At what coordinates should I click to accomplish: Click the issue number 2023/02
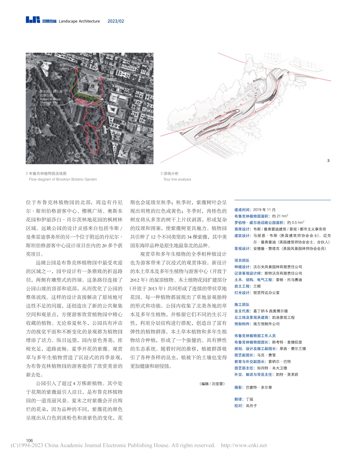(116, 21)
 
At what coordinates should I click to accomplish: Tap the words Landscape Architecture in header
(79, 21)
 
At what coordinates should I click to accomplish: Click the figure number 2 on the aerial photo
(150, 161)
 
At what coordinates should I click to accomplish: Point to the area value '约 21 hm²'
(280, 215)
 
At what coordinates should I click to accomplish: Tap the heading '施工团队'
(242, 304)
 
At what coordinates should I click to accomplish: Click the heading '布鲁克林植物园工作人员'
(255, 336)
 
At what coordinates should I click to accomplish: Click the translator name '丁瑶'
(249, 399)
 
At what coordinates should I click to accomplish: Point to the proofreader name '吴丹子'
(251, 405)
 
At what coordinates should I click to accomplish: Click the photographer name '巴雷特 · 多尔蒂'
(259, 387)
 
